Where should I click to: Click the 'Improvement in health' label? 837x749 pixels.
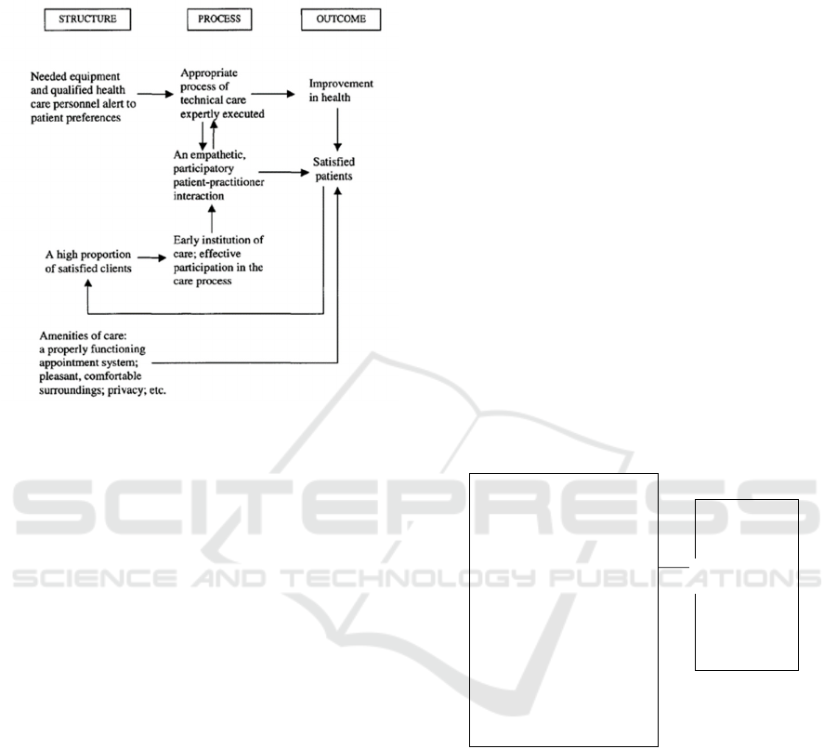click(341, 90)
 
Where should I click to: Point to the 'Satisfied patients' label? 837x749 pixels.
click(333, 169)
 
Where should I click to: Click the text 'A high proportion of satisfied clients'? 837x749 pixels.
click(88, 261)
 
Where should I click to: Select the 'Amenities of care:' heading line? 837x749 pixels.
click(83, 335)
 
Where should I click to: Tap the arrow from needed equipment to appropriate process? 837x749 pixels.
click(155, 95)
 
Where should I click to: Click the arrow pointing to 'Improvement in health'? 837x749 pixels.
click(273, 94)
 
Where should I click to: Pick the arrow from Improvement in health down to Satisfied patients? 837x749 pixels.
click(337, 129)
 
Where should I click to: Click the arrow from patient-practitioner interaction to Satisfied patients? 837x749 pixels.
click(284, 172)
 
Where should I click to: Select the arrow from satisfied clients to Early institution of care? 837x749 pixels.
click(152, 257)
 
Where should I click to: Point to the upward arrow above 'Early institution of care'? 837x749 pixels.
click(212, 219)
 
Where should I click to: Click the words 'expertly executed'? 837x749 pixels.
click(222, 114)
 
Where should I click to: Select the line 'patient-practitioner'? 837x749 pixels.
click(219, 182)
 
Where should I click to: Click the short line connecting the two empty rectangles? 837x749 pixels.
click(674, 567)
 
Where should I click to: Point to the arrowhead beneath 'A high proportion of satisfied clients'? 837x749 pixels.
click(88, 283)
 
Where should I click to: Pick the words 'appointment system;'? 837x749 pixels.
click(88, 362)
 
